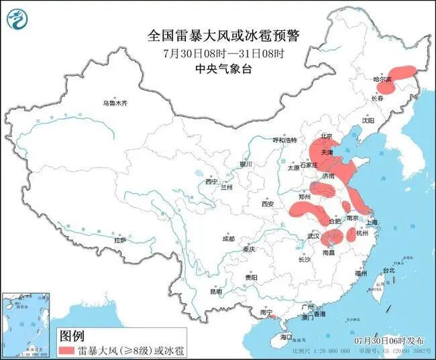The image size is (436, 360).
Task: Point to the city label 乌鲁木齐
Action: pos(115,103)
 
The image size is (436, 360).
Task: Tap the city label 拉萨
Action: pos(120,239)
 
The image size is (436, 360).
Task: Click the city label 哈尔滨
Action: pos(382,79)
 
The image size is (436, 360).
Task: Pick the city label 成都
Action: pos(229,239)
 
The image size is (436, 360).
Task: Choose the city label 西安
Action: pos(269,204)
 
